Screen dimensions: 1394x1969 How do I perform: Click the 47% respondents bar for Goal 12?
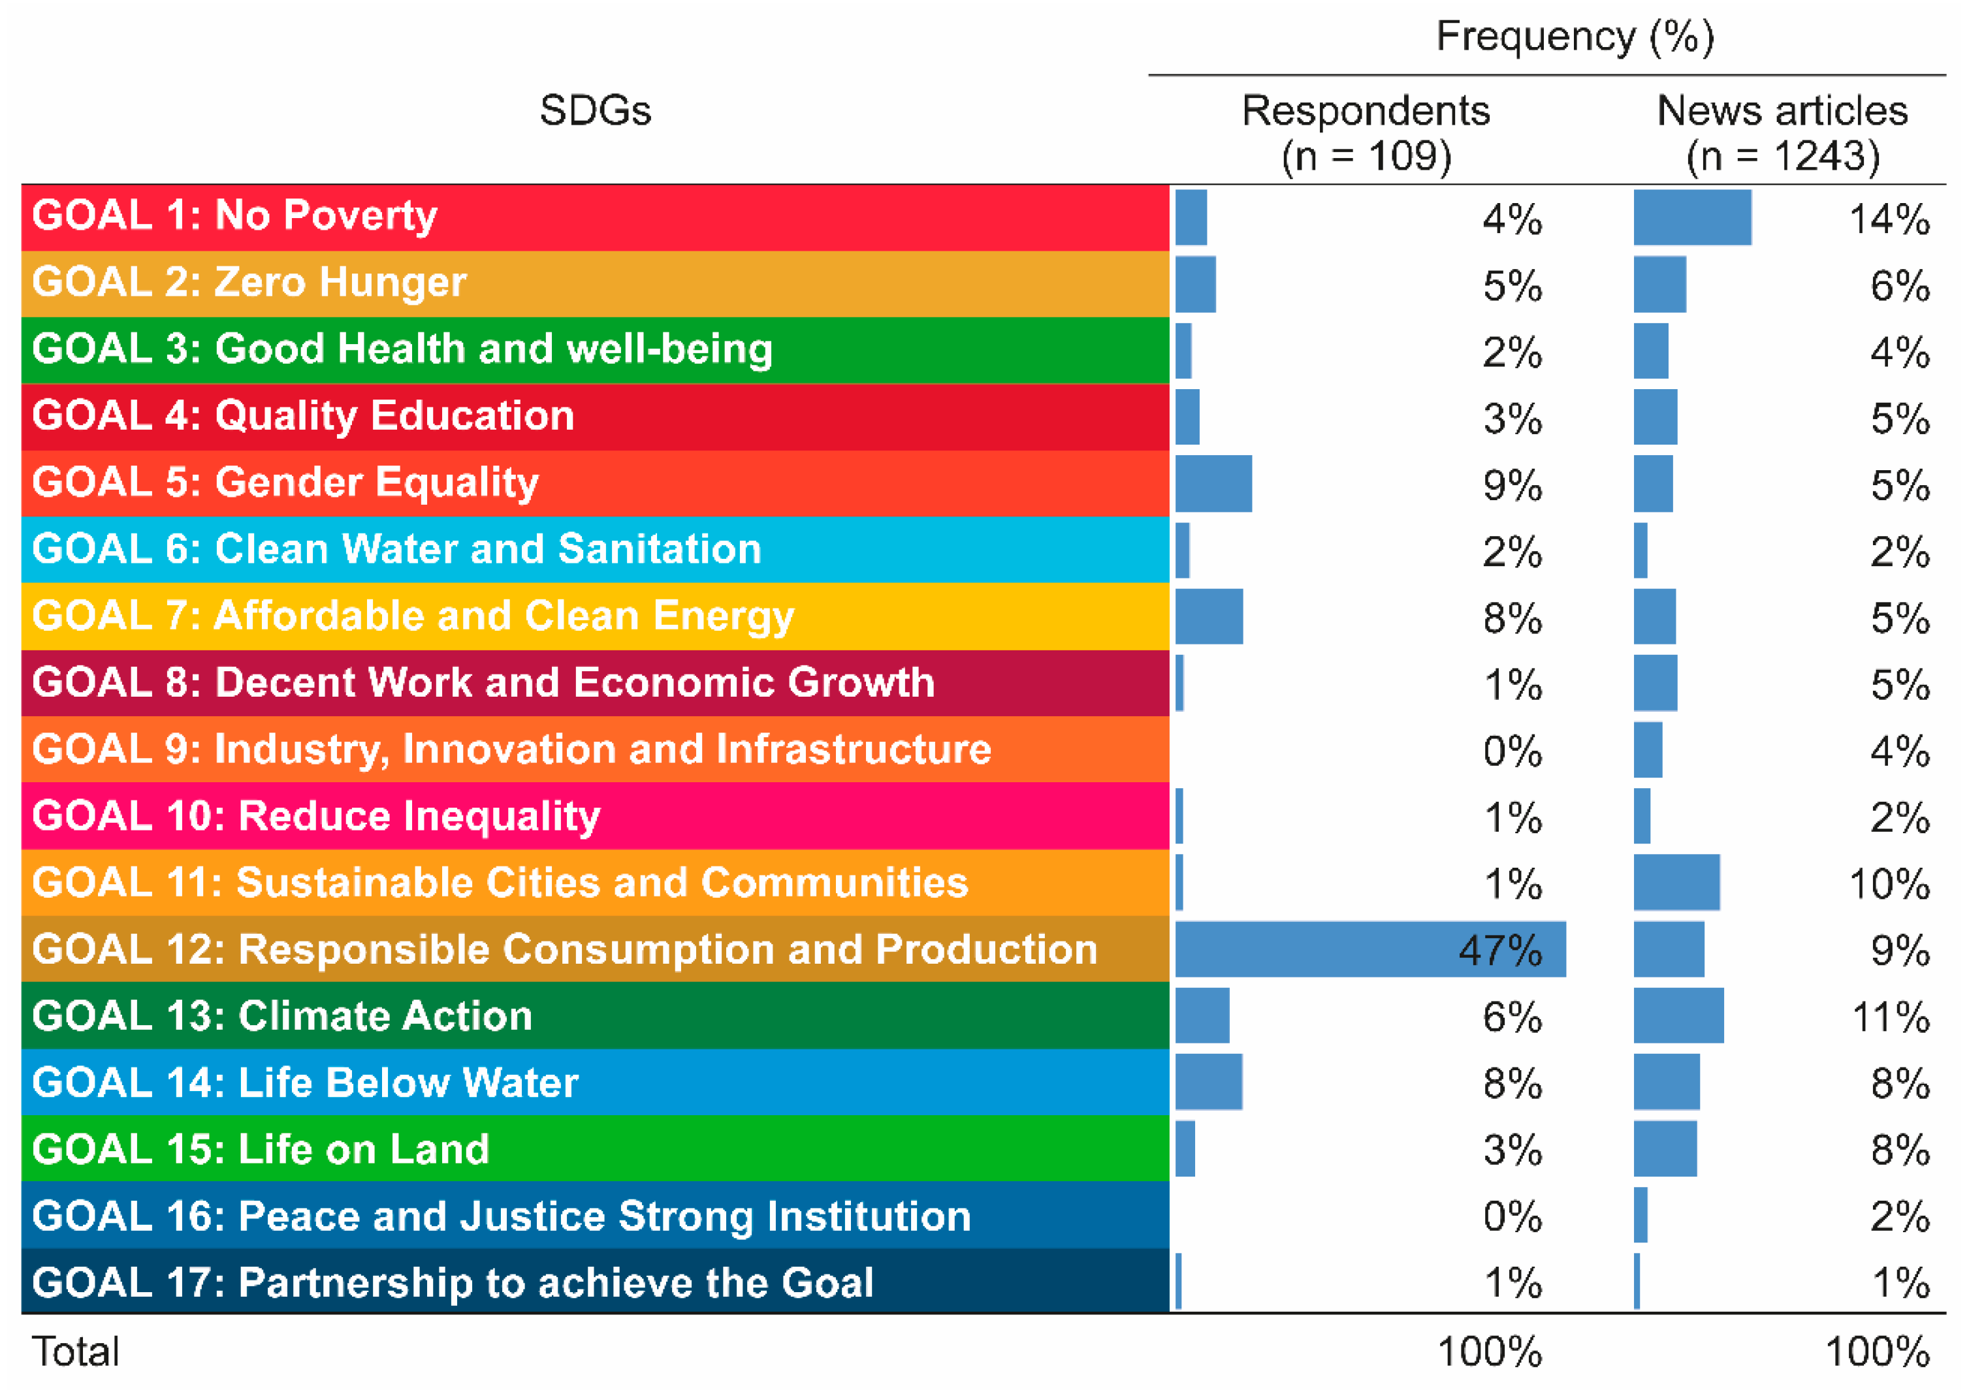[1369, 949]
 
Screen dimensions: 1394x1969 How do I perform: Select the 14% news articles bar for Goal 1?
[1691, 217]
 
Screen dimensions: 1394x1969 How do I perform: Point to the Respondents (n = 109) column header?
[1366, 133]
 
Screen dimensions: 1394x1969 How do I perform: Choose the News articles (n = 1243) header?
[1782, 133]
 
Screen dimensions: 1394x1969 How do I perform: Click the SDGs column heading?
[595, 111]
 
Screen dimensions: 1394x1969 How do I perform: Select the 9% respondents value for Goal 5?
[1511, 486]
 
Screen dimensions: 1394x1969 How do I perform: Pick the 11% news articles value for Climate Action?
[1890, 1018]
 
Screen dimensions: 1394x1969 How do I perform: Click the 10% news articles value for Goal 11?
[1889, 885]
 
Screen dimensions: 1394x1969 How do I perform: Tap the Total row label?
[76, 1352]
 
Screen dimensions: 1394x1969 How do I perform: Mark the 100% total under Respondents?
[1489, 1353]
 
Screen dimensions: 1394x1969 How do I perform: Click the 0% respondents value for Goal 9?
[1511, 752]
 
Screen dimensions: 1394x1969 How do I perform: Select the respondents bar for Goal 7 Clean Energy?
[1209, 616]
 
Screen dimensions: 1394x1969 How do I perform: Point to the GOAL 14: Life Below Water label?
[305, 1083]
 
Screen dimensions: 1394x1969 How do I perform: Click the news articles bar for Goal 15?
[1664, 1148]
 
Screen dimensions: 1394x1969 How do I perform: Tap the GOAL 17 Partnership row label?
[453, 1283]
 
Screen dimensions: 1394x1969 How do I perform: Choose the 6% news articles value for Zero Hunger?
[1900, 286]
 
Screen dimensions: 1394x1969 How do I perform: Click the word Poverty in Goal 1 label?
[360, 215]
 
